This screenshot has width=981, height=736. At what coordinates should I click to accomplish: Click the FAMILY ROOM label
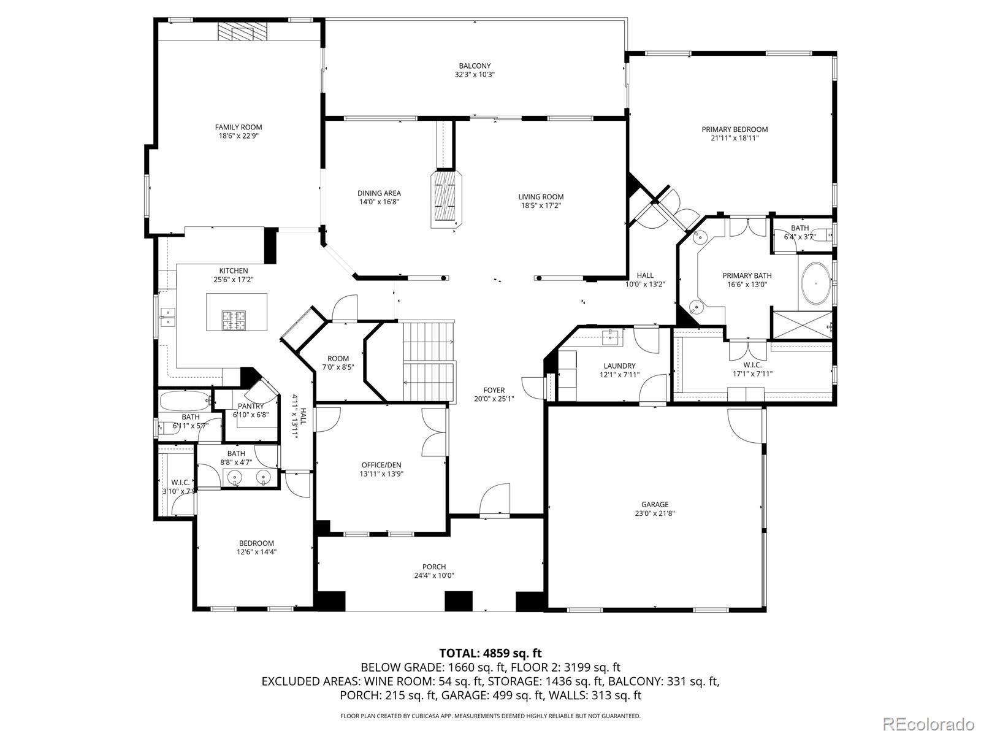[x=239, y=128]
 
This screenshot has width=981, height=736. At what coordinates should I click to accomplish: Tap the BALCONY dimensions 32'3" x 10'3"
[x=475, y=75]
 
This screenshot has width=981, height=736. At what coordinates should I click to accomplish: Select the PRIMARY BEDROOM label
[x=735, y=129]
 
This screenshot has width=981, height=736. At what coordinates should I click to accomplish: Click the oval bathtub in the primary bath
[x=817, y=283]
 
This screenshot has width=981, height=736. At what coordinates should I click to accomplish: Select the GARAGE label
[x=655, y=505]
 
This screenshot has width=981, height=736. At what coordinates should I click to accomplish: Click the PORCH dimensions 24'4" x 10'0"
[x=434, y=575]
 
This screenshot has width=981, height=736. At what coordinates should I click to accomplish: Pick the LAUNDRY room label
[x=619, y=366]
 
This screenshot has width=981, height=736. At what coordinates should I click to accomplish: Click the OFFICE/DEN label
[x=381, y=465]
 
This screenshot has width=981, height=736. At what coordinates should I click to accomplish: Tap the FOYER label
[x=494, y=390]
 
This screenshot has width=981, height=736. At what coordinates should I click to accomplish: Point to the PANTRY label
[x=251, y=406]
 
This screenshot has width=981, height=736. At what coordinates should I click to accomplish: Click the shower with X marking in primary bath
[x=802, y=324]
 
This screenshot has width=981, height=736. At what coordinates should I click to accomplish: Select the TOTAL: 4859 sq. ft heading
[x=490, y=653]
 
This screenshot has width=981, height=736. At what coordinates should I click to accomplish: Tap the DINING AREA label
[x=379, y=193]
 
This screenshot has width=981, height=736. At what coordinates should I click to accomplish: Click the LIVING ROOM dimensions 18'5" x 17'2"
[x=541, y=205]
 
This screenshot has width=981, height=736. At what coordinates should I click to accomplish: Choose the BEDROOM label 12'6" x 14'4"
[x=256, y=543]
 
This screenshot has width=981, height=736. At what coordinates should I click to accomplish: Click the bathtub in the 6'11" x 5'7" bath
[x=184, y=401]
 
